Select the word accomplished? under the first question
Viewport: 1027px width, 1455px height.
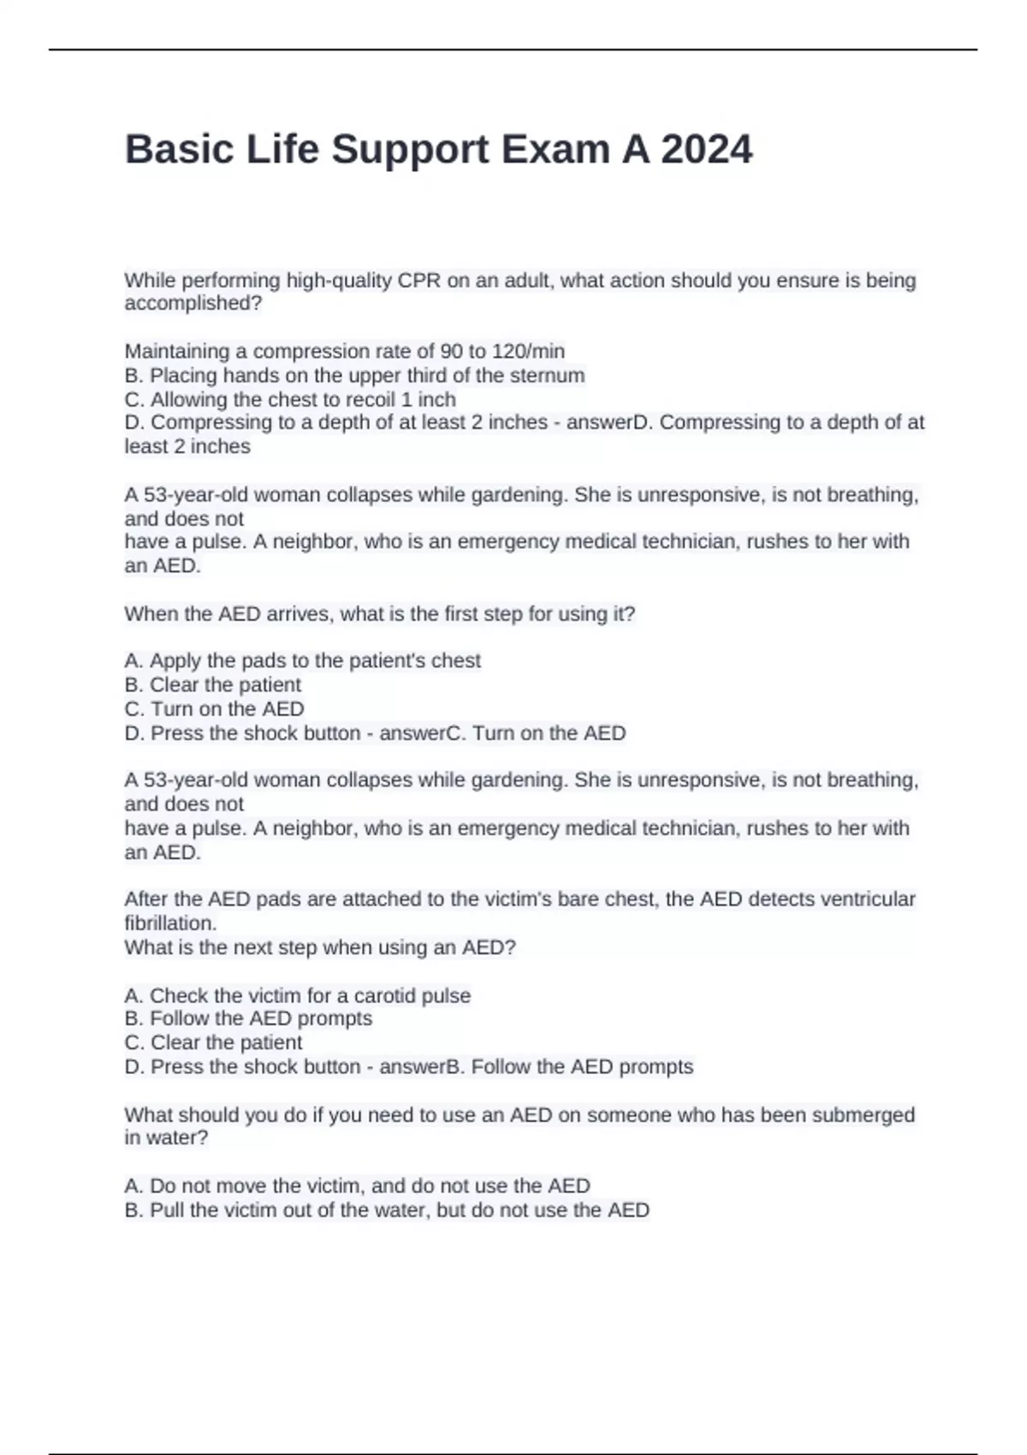pyautogui.click(x=193, y=303)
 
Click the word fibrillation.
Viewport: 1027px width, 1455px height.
pyautogui.click(x=170, y=923)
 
